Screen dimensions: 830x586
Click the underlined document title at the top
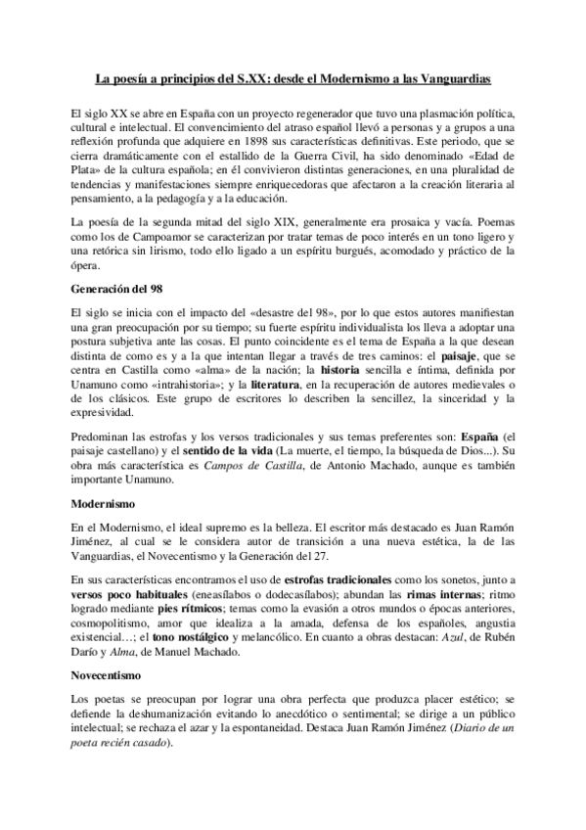(x=293, y=75)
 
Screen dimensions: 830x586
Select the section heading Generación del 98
(x=110, y=290)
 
